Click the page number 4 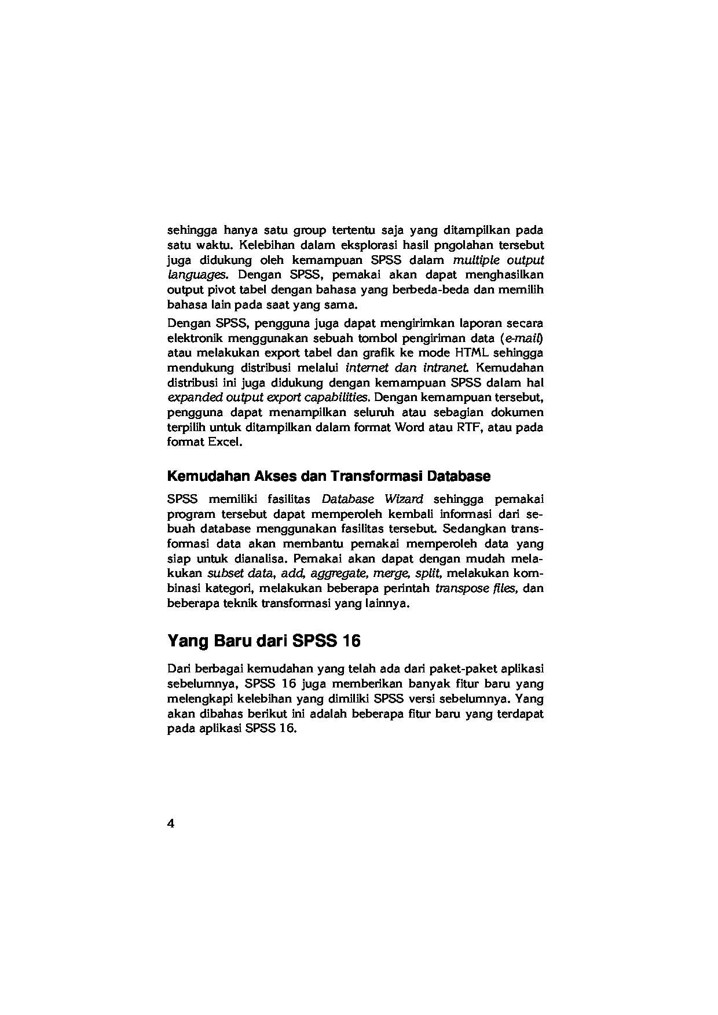click(x=171, y=824)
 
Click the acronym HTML click(x=473, y=353)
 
